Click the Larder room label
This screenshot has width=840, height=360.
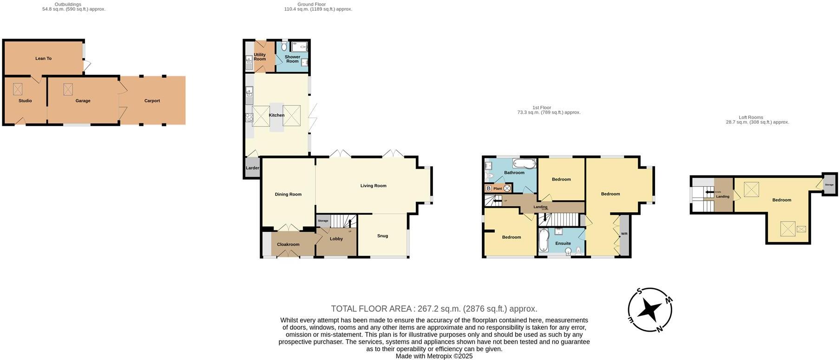pos(252,168)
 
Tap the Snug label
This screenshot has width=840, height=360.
pos(382,236)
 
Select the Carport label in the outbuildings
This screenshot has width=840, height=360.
pos(152,101)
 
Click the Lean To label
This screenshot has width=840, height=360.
pos(43,59)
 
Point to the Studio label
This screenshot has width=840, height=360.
pos(25,101)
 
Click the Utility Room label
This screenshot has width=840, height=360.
pos(260,57)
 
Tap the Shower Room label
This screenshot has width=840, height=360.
pos(292,59)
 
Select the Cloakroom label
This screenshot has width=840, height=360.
pos(288,244)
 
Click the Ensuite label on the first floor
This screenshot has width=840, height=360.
pos(563,243)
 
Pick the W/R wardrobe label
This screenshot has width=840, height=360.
pos(624,234)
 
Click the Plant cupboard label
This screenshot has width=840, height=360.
pos(498,189)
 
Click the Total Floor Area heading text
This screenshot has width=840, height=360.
pos(434,308)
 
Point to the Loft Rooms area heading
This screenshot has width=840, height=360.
pos(757,120)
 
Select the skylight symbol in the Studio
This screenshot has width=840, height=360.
pos(18,89)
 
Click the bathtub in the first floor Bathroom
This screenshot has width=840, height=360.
pos(524,164)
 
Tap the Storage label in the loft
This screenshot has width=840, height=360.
pos(829,185)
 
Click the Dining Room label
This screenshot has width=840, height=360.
pos(288,195)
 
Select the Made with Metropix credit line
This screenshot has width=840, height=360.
pos(434,356)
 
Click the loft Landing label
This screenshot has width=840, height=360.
pos(722,196)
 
